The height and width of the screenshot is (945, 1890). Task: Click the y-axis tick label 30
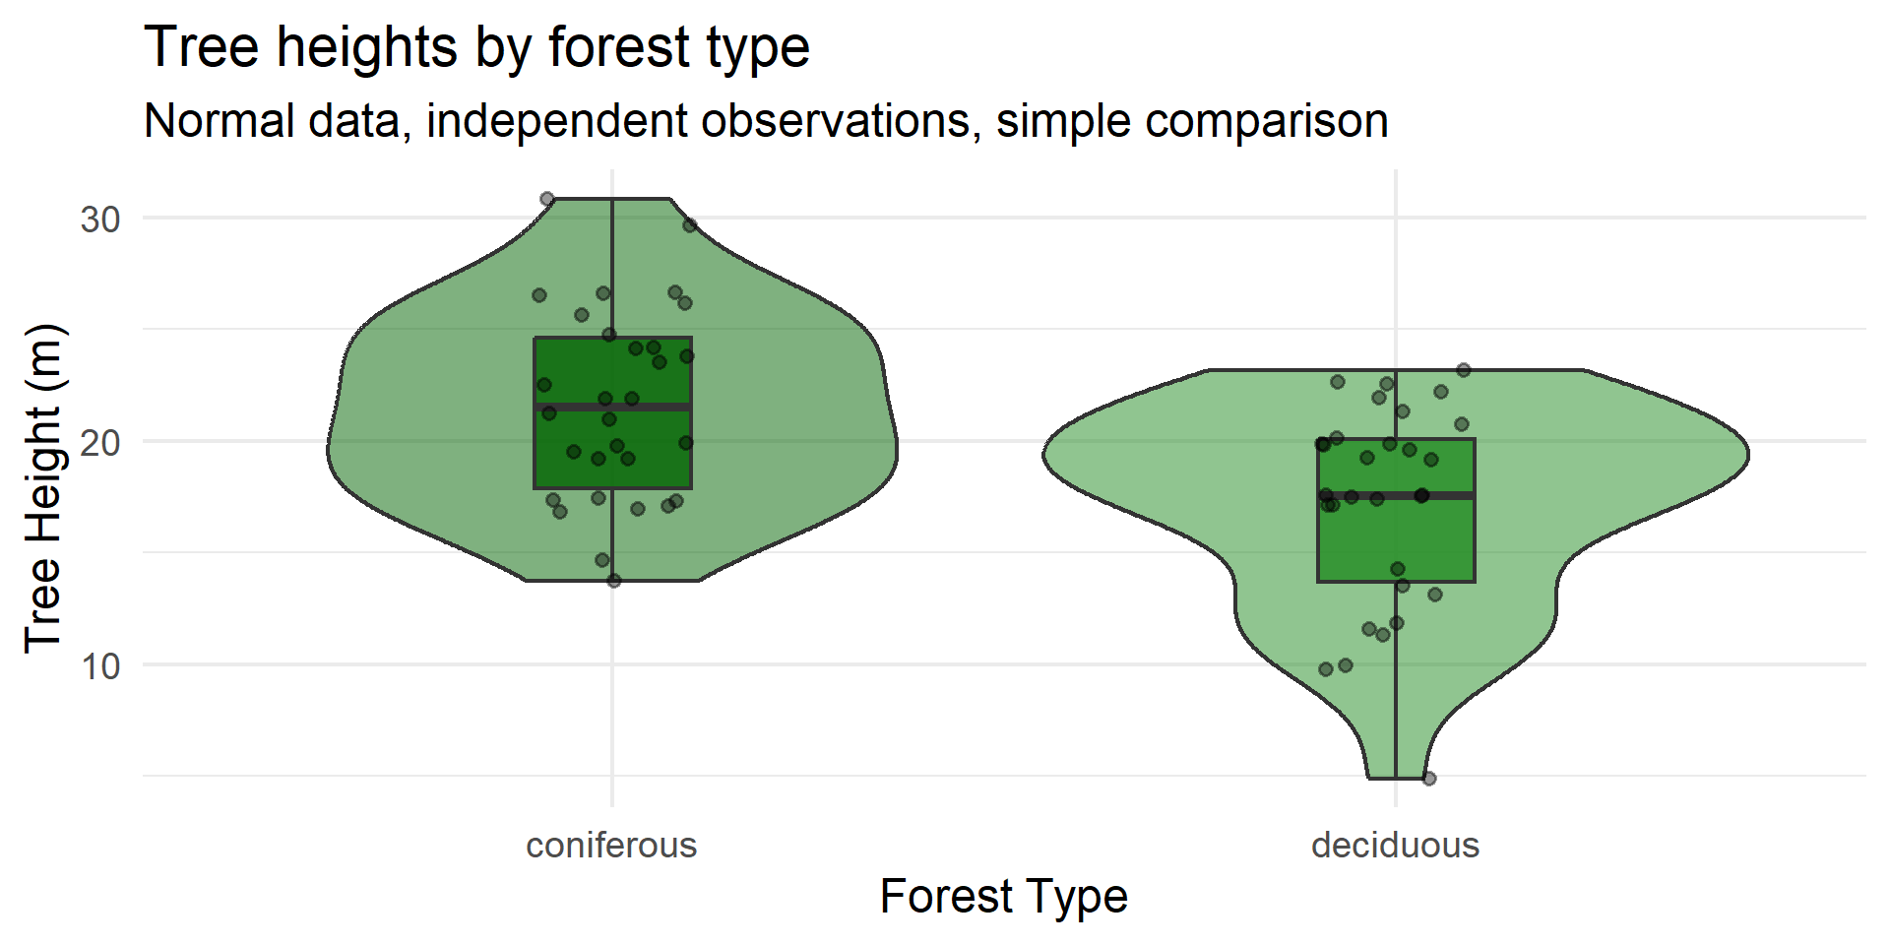pyautogui.click(x=100, y=219)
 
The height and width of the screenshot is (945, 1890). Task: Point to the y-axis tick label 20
pyautogui.click(x=100, y=442)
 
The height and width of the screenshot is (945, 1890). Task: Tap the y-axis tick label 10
pyautogui.click(x=100, y=666)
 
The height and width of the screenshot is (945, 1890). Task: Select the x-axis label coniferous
pyautogui.click(x=611, y=845)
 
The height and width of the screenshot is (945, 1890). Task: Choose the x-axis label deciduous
pyautogui.click(x=1395, y=845)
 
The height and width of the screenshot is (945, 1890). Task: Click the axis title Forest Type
pyautogui.click(x=1003, y=896)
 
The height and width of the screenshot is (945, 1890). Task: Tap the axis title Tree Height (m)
pyautogui.click(x=43, y=488)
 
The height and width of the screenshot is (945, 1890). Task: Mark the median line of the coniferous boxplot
pyautogui.click(x=612, y=406)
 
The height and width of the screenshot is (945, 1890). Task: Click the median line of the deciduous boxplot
pyautogui.click(x=1396, y=495)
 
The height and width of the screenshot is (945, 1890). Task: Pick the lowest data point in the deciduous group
pyautogui.click(x=1429, y=779)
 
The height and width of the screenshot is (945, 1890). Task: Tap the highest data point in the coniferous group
pyautogui.click(x=547, y=199)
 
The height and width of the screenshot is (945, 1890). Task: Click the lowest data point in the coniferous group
pyautogui.click(x=614, y=581)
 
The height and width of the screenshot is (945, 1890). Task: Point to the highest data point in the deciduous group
pyautogui.click(x=1464, y=370)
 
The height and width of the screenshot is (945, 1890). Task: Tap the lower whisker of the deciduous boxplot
pyautogui.click(x=1396, y=680)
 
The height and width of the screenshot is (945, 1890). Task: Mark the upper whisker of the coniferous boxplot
pyautogui.click(x=612, y=268)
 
